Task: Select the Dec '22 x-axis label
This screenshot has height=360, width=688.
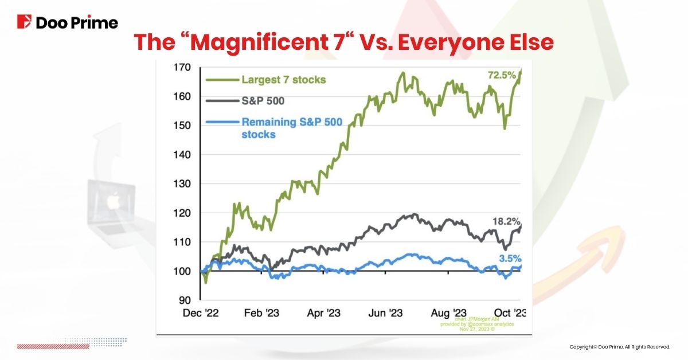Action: click(x=200, y=313)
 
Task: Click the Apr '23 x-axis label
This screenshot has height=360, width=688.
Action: click(x=324, y=313)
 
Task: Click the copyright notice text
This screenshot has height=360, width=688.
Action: click(x=620, y=347)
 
